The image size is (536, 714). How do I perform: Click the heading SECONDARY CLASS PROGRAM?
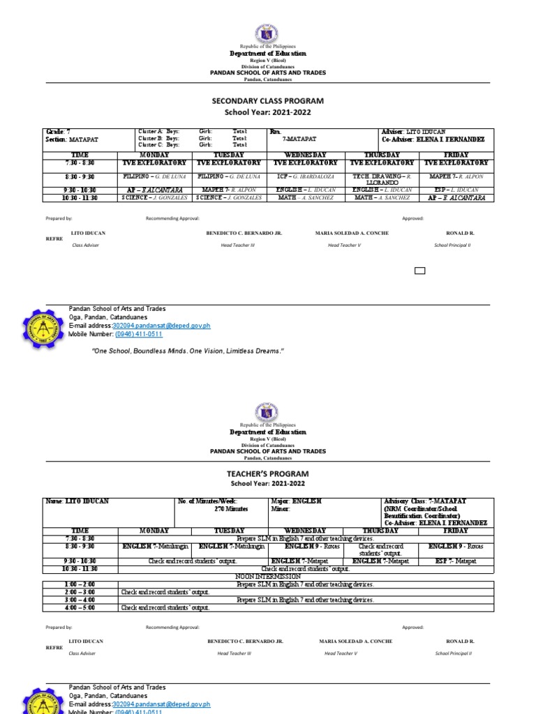click(x=268, y=101)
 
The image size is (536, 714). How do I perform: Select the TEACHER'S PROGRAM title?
click(x=268, y=473)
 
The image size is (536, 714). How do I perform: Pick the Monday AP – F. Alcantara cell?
click(x=153, y=190)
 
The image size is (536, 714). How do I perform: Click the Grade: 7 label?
click(x=57, y=131)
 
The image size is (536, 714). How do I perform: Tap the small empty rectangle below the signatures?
click(x=419, y=271)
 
